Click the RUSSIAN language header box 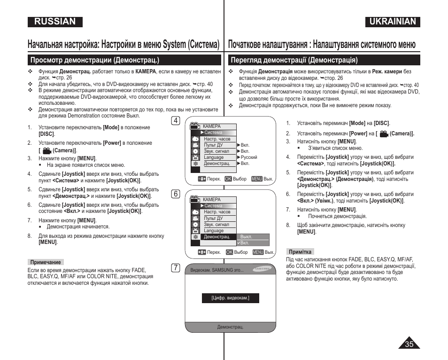pyautogui.click(x=55, y=22)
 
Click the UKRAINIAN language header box pyautogui.click(x=393, y=22)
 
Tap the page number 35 pyautogui.click(x=409, y=344)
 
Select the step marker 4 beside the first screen pyautogui.click(x=176, y=121)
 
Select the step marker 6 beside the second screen pyautogui.click(x=176, y=194)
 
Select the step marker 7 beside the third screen pyautogui.click(x=176, y=268)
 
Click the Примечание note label pyautogui.click(x=46, y=262)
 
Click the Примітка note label pyautogui.click(x=300, y=252)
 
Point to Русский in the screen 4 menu pyautogui.click(x=249, y=157)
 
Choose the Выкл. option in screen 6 pyautogui.click(x=247, y=237)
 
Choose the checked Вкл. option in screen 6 pyautogui.click(x=245, y=243)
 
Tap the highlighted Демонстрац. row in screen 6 pyautogui.click(x=216, y=237)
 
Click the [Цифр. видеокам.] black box pyautogui.click(x=230, y=298)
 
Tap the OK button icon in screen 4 pyautogui.click(x=228, y=179)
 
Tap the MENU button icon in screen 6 pyautogui.click(x=258, y=252)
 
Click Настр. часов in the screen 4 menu pyautogui.click(x=217, y=139)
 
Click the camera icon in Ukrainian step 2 pyautogui.click(x=384, y=134)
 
